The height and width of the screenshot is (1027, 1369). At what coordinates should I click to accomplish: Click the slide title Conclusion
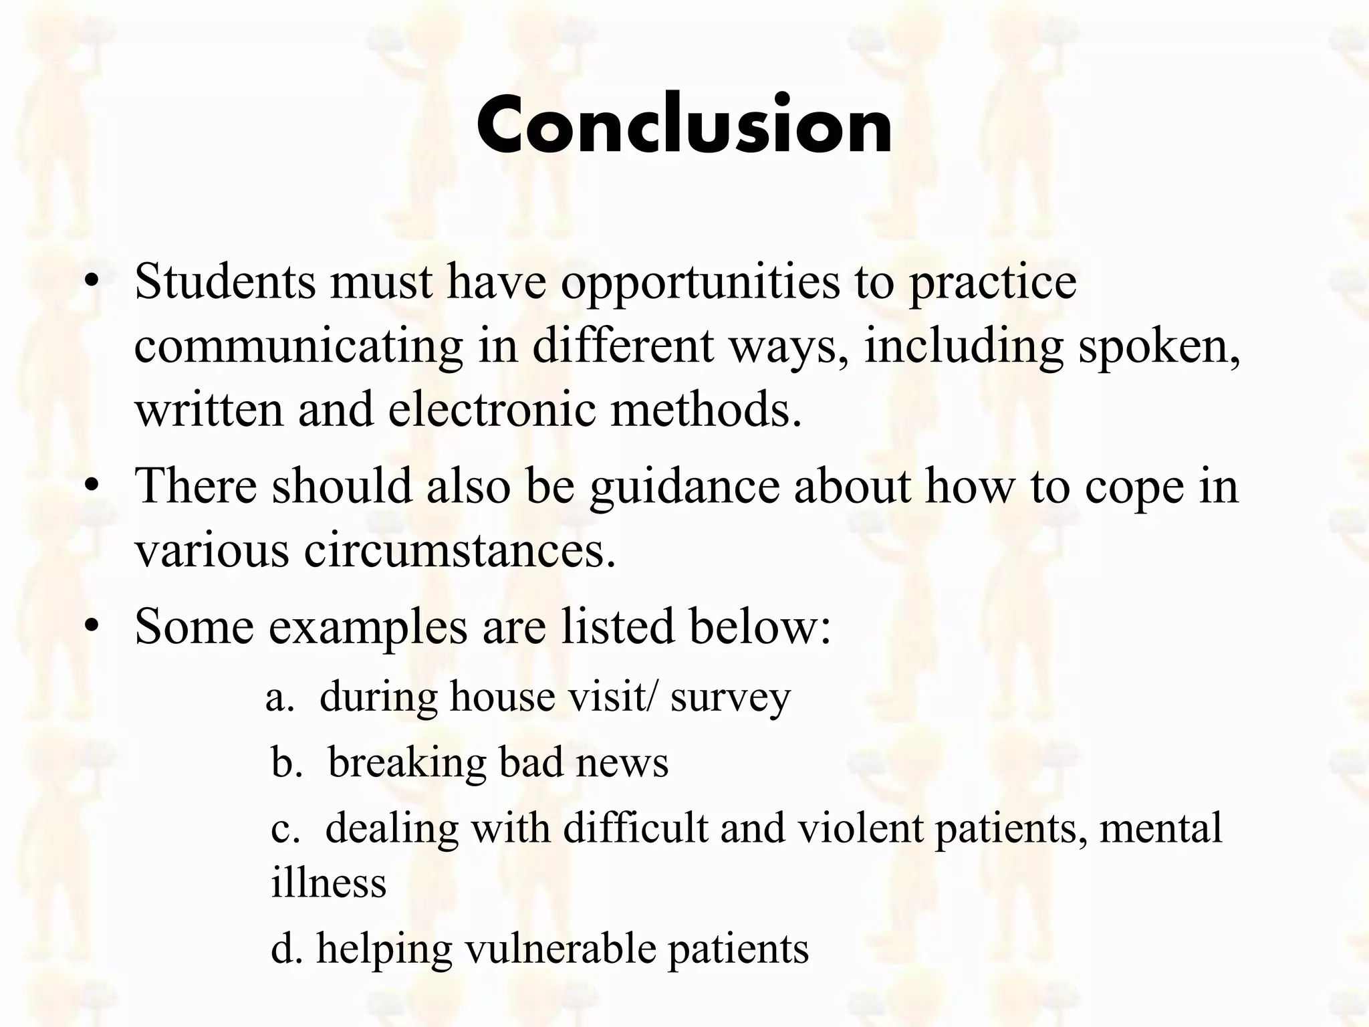coord(684,125)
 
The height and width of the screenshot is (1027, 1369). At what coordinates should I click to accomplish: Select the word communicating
coord(298,348)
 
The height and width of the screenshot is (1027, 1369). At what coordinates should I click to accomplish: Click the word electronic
coord(491,410)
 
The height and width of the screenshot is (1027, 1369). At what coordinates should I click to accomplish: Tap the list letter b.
coord(283,762)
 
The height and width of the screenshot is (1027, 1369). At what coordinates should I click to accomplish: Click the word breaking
coord(406,764)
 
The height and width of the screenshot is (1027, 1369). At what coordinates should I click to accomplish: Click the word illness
coord(328,883)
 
